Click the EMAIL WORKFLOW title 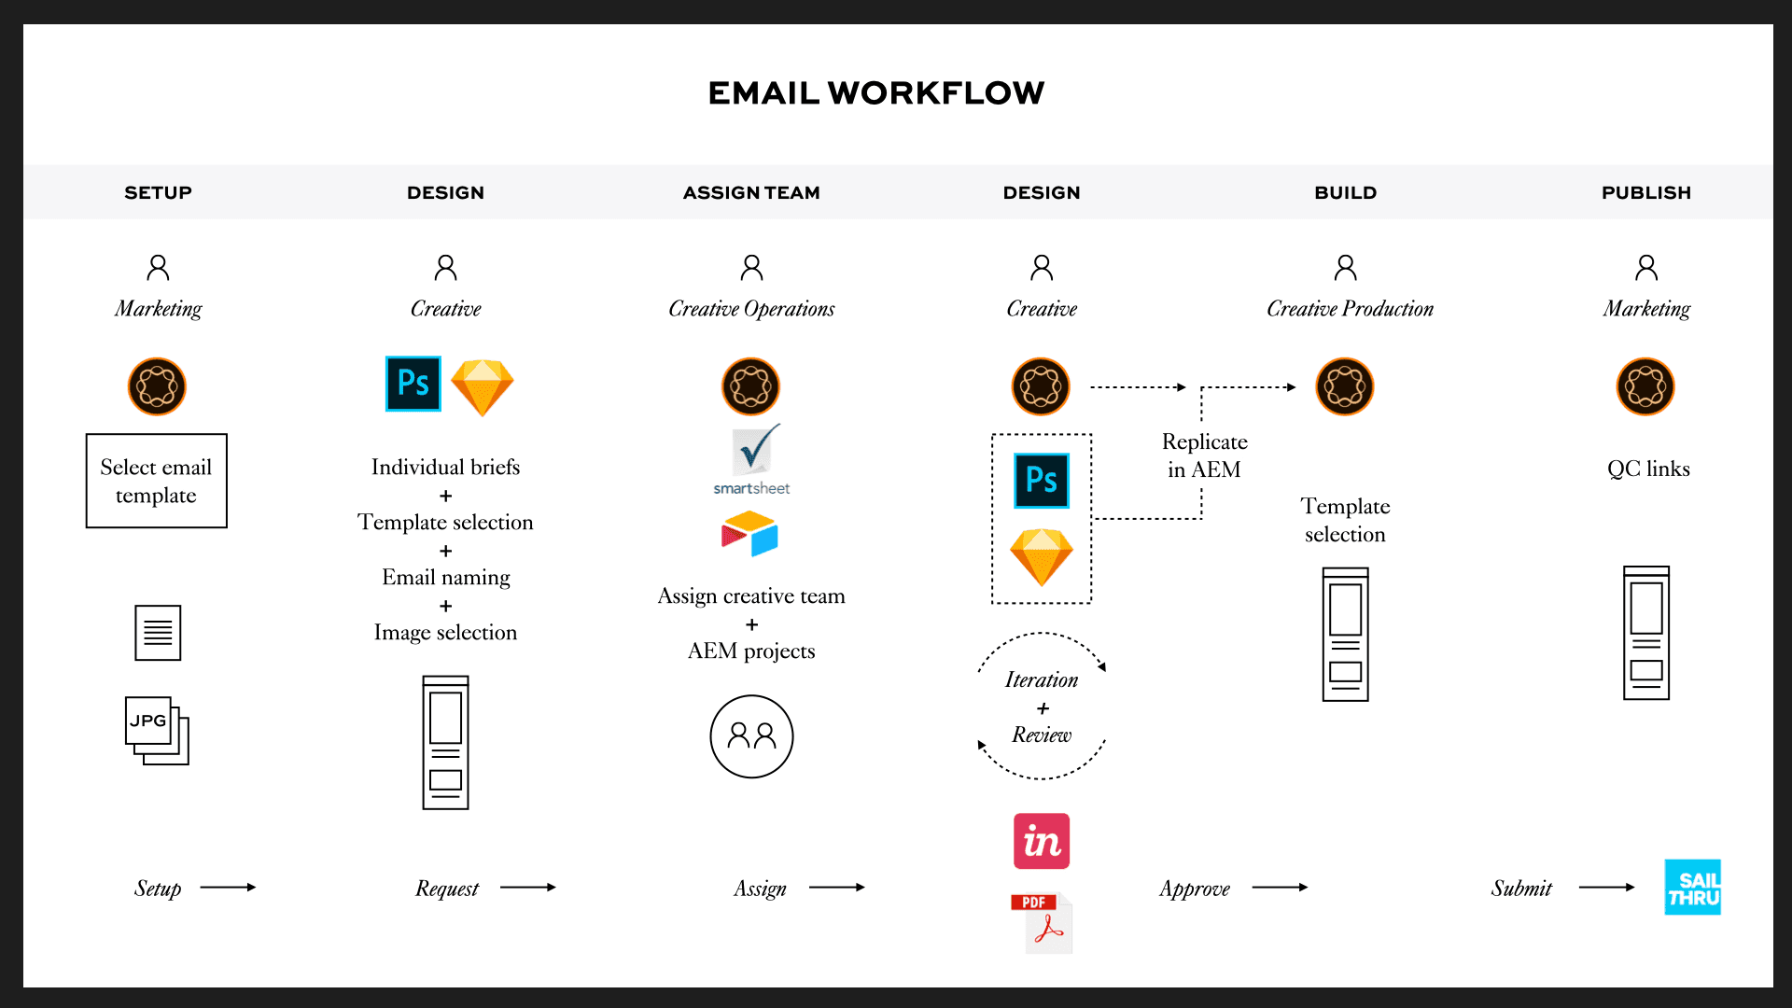tap(875, 93)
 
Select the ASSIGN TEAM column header tap(751, 193)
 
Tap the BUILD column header tap(1345, 193)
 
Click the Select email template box tap(157, 481)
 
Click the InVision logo tap(1042, 841)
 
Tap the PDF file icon tap(1043, 923)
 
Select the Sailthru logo tap(1692, 888)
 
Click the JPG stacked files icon tap(157, 730)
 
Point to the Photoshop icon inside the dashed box tap(1042, 481)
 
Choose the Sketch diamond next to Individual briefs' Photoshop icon tap(483, 386)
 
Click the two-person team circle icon tap(751, 736)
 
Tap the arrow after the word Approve tap(1280, 888)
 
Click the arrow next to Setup tap(228, 888)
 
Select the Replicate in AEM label tap(1204, 455)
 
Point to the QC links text tap(1648, 469)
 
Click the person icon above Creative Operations tap(751, 268)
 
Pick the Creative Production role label tap(1350, 309)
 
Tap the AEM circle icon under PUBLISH tap(1645, 386)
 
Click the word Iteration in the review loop tap(1042, 680)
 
